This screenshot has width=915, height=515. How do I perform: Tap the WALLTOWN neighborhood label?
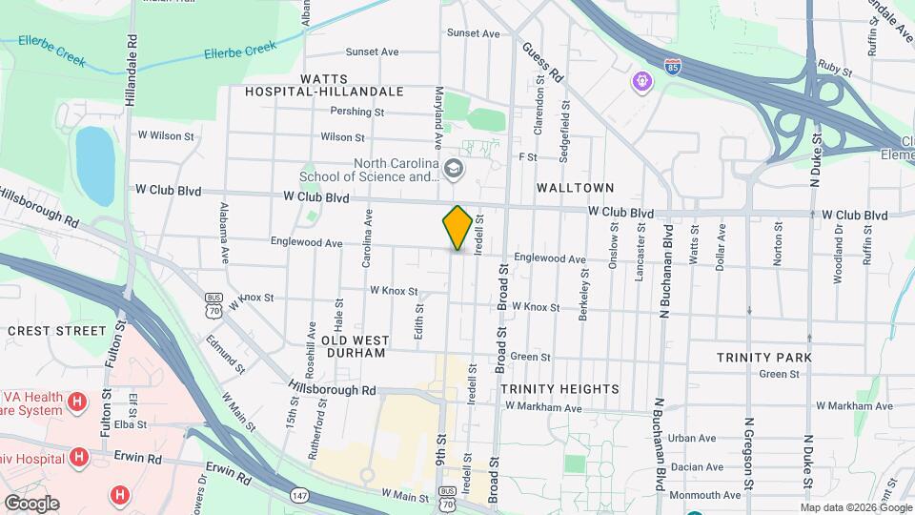[x=575, y=188]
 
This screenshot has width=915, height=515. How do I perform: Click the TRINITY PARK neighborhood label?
[x=764, y=358]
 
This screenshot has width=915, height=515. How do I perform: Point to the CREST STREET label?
[x=57, y=331]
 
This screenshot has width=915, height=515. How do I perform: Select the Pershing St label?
[x=356, y=112]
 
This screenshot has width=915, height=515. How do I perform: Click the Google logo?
[x=31, y=504]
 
